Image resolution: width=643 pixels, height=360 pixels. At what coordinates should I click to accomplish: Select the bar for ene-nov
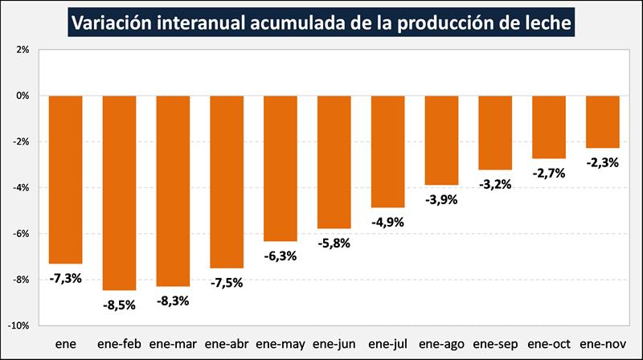coord(603,121)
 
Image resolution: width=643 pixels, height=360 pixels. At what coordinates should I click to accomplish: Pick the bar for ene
coord(65,178)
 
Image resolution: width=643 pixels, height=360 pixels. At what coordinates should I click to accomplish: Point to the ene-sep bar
coord(495,132)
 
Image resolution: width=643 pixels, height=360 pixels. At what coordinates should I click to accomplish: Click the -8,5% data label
coord(119,305)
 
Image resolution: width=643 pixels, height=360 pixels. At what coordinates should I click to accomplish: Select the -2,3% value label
coord(602,162)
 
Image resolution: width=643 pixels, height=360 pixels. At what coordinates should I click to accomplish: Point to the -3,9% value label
coord(441,199)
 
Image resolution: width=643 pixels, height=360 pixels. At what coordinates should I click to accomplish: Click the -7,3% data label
coord(65,278)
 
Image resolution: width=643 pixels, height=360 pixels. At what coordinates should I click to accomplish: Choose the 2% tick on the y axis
coord(23,49)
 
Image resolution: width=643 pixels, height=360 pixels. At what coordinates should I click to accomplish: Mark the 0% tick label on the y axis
coord(23,96)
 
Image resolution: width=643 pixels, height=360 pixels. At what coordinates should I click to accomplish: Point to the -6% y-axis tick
coord(21,234)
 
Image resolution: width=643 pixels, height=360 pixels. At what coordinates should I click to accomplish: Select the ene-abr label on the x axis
coord(226,344)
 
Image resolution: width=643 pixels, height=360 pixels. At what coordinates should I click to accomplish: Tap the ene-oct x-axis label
coord(549,344)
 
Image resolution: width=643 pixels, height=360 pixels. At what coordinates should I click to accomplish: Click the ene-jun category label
coord(334,344)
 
